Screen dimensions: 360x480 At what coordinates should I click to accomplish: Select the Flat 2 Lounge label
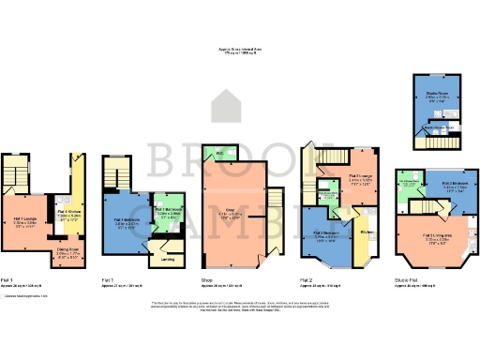[361, 174]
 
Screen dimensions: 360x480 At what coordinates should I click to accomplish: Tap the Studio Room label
[438, 93]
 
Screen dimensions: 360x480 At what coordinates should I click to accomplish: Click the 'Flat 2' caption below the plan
[307, 279]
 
